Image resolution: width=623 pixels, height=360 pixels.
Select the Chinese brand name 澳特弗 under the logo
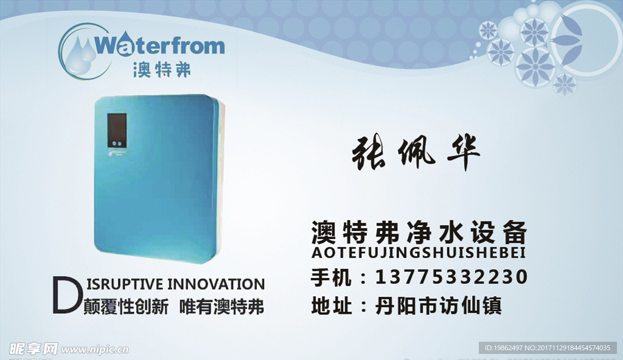pos(162,69)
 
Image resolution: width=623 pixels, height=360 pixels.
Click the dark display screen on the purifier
pos(117,130)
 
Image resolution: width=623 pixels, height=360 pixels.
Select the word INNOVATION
pos(216,284)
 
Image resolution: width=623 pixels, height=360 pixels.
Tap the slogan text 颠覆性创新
pos(126,306)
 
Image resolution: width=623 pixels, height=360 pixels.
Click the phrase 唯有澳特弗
pos(221,306)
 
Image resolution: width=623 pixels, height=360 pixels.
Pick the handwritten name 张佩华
pos(416,153)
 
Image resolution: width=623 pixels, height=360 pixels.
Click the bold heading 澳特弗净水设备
pos(419,232)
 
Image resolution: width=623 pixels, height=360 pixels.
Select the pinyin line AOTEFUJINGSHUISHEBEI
pos(419,252)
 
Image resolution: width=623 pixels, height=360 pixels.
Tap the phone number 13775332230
pos(452,277)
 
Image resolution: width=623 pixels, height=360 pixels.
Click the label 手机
pos(331,277)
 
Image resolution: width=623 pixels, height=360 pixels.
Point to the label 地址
pos(332,305)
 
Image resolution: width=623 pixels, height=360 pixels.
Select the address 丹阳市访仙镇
pos(438,305)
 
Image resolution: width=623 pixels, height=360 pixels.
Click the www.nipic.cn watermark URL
pos(95,349)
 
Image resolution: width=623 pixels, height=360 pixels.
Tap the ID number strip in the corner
pos(548,348)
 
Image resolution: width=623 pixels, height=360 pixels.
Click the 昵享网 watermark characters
pos(33,348)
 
